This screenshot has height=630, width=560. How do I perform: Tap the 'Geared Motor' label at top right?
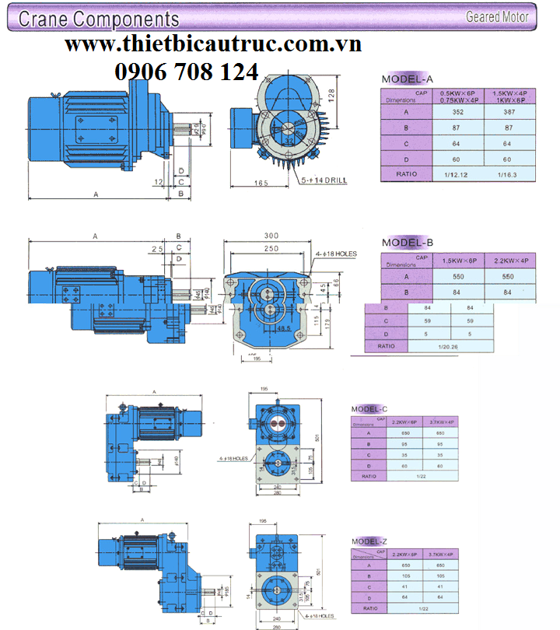tap(497, 16)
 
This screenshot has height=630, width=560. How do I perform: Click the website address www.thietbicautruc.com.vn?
tap(213, 45)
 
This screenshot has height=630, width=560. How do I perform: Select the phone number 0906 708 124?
tap(187, 72)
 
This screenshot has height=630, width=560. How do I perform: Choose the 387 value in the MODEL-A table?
tap(508, 112)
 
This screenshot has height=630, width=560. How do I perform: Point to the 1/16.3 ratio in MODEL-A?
tap(508, 173)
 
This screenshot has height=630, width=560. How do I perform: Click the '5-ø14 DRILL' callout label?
tap(326, 180)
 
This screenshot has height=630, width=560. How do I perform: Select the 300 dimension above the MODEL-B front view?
tap(271, 236)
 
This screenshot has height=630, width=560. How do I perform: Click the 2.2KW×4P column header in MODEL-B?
tap(507, 261)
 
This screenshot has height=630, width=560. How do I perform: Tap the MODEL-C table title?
tap(369, 409)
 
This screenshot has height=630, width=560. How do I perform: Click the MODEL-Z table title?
tap(369, 541)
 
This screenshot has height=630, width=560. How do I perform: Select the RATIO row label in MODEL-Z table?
tap(369, 608)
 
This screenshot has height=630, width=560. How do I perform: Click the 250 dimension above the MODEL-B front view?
tap(271, 248)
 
